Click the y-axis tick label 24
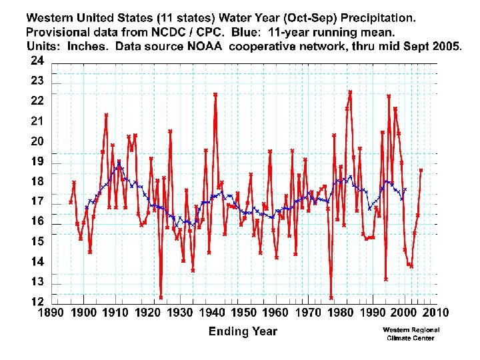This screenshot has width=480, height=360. tap(37, 61)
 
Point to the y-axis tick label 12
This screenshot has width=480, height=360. tap(37, 301)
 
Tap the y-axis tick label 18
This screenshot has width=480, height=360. tap(37, 181)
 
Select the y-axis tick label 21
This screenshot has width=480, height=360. tap(37, 121)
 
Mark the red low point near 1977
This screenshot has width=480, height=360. tap(331, 297)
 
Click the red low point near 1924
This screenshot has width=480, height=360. tap(161, 297)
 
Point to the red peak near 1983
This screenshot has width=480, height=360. tap(350, 92)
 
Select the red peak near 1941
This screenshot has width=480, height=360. tap(215, 95)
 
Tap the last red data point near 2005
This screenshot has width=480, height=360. tap(421, 170)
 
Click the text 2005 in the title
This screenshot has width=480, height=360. tap(446, 46)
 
